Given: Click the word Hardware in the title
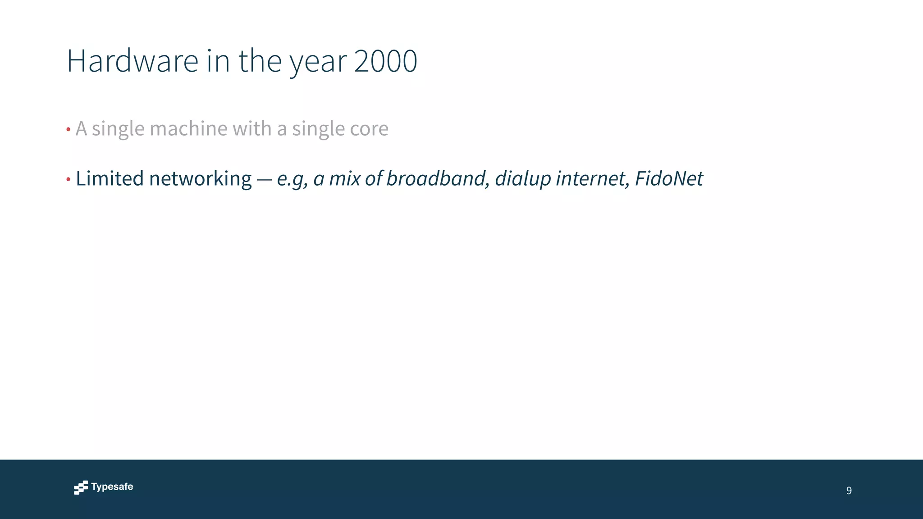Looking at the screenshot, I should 133,61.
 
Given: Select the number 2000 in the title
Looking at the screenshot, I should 385,61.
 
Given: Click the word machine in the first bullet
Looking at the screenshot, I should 188,129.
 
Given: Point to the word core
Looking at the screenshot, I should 369,129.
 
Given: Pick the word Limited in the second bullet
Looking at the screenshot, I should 110,178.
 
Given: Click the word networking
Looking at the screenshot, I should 200,178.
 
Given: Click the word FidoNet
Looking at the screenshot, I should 669,178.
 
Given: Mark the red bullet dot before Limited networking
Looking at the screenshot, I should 69,179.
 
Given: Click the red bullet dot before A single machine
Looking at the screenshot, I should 69,130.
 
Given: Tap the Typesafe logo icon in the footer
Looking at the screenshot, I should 81,487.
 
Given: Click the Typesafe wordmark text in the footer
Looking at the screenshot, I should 112,487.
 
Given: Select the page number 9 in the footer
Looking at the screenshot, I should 849,491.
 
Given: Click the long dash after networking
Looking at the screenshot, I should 264,180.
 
